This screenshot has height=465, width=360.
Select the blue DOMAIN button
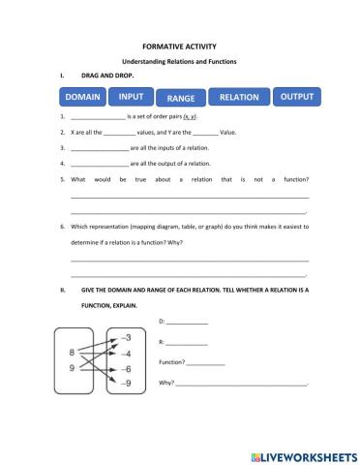click(x=83, y=98)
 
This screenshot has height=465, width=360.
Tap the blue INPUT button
click(x=132, y=97)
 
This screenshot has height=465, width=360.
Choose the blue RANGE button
click(x=181, y=99)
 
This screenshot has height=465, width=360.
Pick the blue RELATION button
click(x=239, y=98)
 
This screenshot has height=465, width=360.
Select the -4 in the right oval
click(x=125, y=354)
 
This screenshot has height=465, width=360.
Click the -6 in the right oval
click(x=125, y=369)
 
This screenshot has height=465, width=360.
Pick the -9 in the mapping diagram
click(x=125, y=385)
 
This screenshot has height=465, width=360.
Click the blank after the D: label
click(x=188, y=323)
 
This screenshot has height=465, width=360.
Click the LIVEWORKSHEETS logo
click(x=304, y=453)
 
